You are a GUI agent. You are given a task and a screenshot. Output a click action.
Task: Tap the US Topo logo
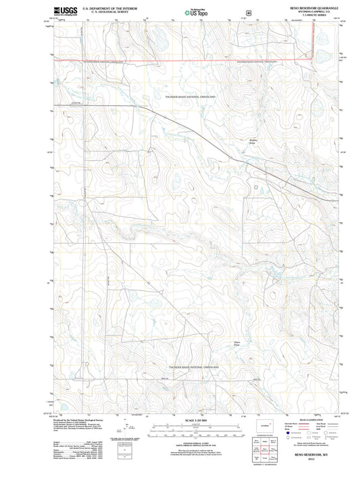coord(188,12)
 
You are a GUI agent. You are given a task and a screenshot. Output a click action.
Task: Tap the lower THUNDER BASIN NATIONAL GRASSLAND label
coord(195,367)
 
